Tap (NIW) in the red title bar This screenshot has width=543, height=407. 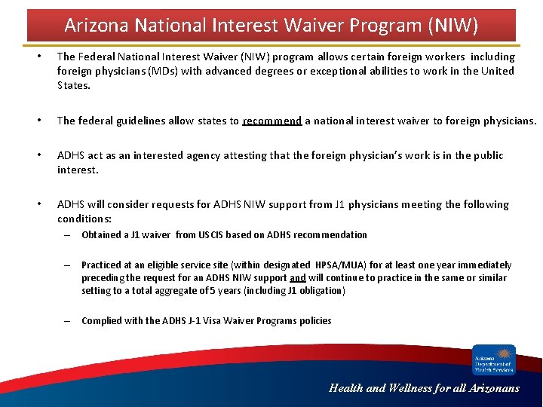click(452, 26)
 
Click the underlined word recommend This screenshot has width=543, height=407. click(272, 121)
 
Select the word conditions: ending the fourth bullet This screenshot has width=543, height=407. click(84, 219)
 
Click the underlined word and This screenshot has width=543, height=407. click(298, 277)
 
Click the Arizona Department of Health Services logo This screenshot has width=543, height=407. click(494, 360)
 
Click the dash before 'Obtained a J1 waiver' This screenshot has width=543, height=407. click(66, 235)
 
